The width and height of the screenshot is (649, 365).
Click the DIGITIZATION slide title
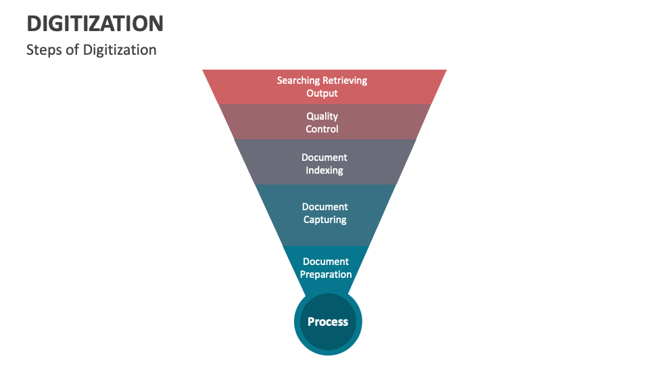click(x=95, y=24)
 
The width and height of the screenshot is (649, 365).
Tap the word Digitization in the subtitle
click(x=120, y=50)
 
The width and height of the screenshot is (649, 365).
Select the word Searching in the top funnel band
click(x=298, y=80)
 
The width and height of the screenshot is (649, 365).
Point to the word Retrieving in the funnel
click(x=345, y=80)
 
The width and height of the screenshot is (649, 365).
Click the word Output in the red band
click(x=322, y=93)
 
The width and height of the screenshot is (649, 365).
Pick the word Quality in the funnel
click(x=322, y=116)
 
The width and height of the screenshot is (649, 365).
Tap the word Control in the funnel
click(x=322, y=129)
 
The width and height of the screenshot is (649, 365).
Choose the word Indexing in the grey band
click(x=324, y=170)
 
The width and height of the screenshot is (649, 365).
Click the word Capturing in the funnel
click(x=325, y=220)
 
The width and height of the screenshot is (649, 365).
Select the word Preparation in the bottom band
click(x=326, y=274)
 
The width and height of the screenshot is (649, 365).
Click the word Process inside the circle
click(x=328, y=322)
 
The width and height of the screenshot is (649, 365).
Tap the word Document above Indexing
click(x=324, y=157)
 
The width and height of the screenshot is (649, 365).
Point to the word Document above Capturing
click(x=325, y=207)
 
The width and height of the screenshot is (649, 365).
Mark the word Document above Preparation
click(x=326, y=262)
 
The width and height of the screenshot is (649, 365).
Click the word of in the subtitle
click(x=75, y=50)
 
